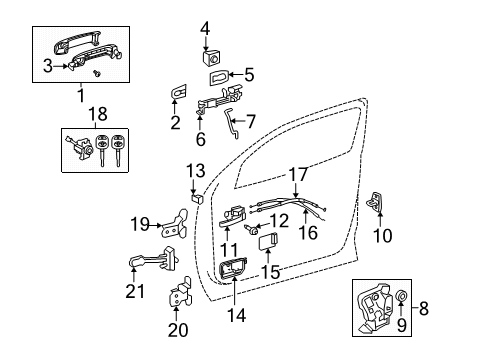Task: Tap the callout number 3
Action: point(48,66)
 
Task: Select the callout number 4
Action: point(204,27)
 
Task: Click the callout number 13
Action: point(196,170)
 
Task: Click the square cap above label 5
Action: point(212,52)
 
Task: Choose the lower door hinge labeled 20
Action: point(179,299)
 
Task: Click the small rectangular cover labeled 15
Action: point(267,239)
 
